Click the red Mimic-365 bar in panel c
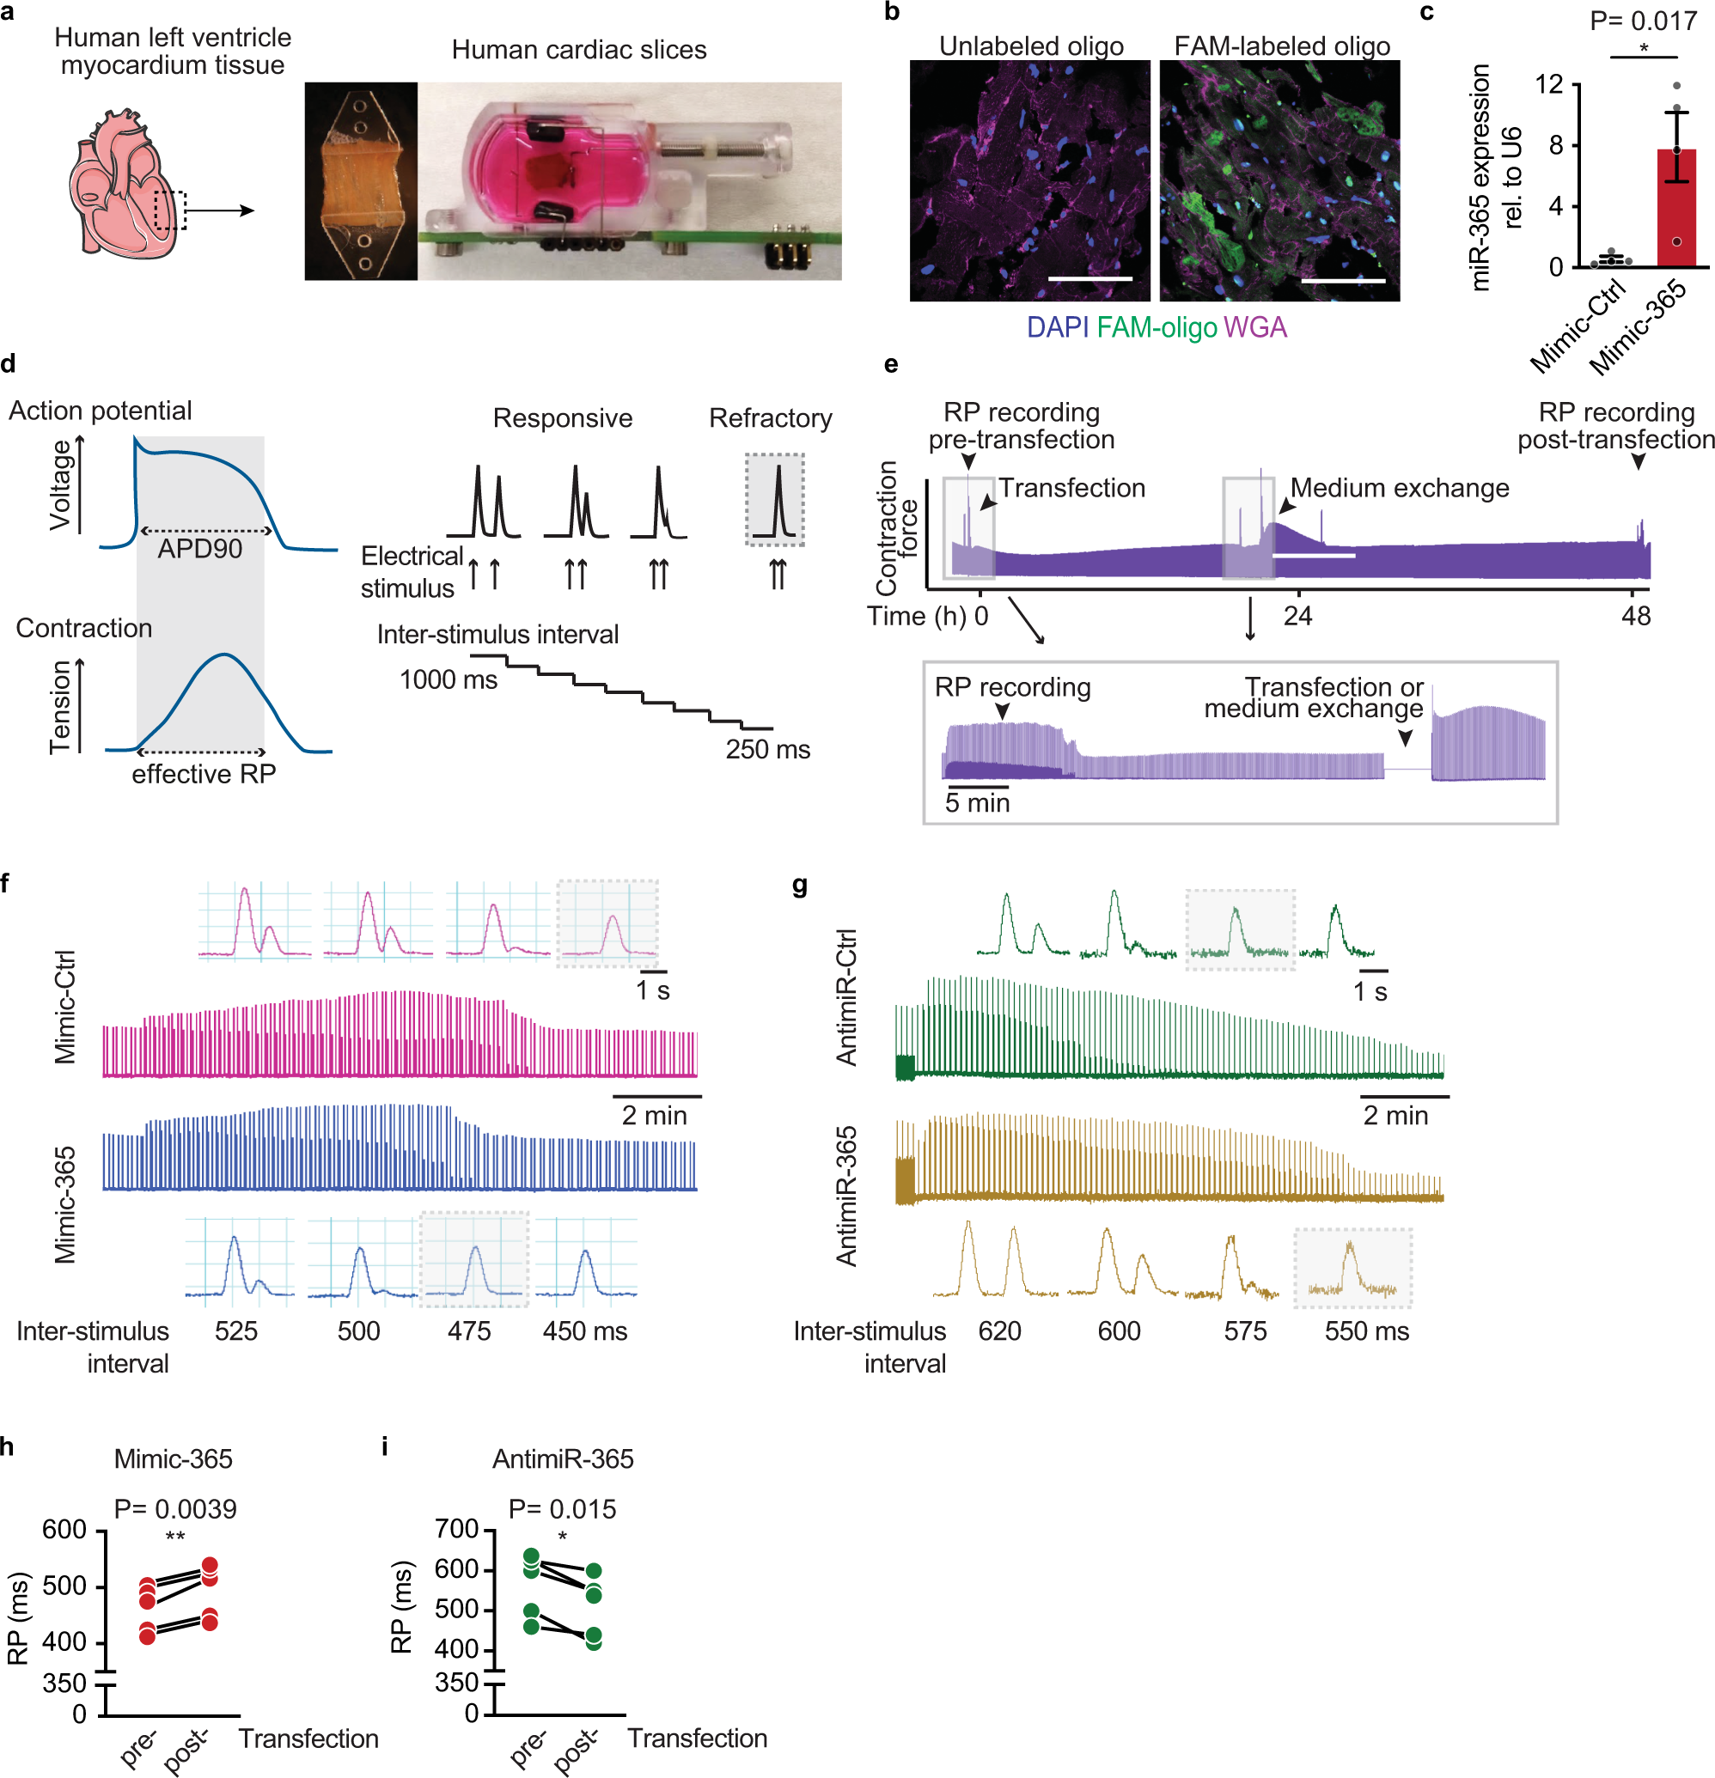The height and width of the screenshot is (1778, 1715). [1675, 209]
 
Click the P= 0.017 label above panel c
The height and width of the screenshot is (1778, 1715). [1643, 21]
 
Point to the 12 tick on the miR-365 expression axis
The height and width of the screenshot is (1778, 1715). [1549, 84]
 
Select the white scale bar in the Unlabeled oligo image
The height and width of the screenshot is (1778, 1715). [1089, 278]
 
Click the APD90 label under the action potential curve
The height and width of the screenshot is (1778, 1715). [199, 549]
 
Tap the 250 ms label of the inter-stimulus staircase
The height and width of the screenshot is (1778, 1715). [766, 749]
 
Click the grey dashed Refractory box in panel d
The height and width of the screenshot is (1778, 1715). [774, 499]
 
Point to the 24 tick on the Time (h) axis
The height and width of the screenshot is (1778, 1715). [1297, 616]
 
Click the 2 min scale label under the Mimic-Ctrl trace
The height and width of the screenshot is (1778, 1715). [653, 1115]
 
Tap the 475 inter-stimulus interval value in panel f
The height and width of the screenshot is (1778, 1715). [469, 1330]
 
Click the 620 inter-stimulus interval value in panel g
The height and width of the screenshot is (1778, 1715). [999, 1330]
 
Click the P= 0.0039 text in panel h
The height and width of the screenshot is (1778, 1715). [175, 1508]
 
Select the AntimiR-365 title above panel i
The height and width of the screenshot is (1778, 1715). [563, 1458]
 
